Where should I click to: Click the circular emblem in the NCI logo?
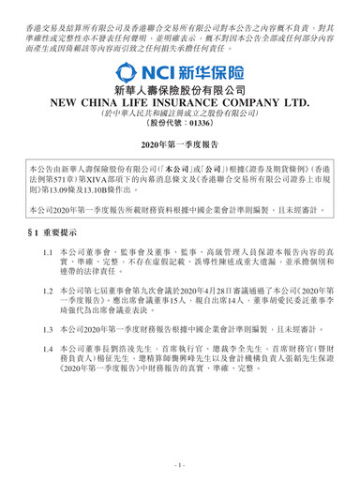(x=124, y=72)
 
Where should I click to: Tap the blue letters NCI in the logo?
(x=156, y=72)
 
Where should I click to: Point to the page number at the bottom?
(x=180, y=465)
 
